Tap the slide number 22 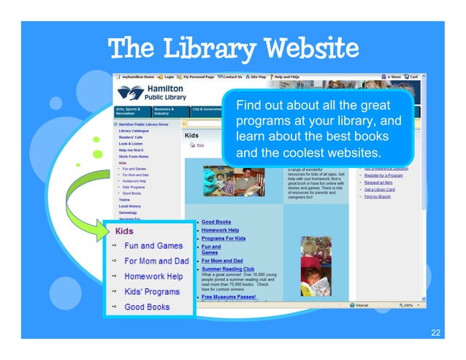(x=435, y=333)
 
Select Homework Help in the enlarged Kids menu (x=153, y=277)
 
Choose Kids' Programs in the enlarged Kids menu (x=151, y=292)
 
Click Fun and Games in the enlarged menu (x=153, y=246)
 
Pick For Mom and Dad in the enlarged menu (x=156, y=261)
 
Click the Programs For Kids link (x=224, y=238)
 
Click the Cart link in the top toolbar (x=413, y=76)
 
